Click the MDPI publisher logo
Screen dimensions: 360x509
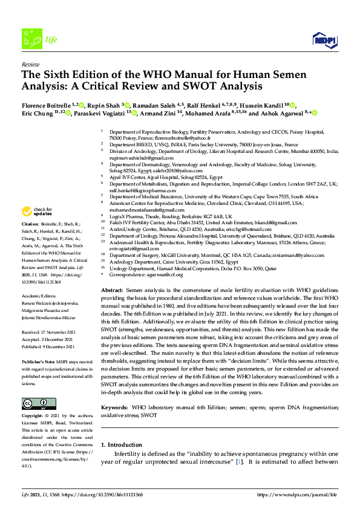pos(324,40)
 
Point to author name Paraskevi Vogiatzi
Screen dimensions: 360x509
pos(100,112)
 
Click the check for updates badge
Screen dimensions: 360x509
pos(35,212)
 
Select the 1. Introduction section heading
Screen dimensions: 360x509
pos(122,444)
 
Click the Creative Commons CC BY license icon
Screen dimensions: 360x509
pos(35,404)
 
